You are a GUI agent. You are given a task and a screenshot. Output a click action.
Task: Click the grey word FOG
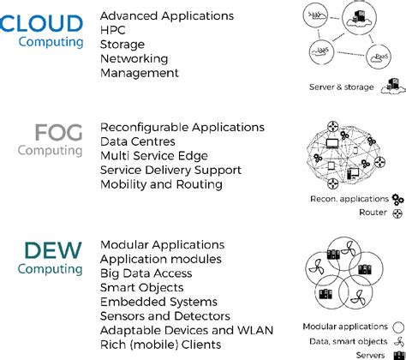pos(59,133)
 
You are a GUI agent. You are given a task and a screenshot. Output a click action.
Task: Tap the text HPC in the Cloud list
pos(114,30)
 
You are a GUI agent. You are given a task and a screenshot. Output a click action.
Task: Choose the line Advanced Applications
pos(166,15)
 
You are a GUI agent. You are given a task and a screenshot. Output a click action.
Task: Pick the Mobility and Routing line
pos(161,183)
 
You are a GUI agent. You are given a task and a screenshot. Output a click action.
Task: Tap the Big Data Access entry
pos(146,273)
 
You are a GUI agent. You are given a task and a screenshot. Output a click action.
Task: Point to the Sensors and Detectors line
pos(164,315)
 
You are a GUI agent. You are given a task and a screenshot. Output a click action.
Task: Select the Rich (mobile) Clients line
pos(160,344)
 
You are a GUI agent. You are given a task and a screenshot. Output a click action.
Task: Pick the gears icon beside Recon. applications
pos(397,199)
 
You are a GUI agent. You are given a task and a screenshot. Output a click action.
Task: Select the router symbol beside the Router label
pos(397,213)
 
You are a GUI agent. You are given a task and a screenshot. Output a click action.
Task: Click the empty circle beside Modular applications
pos(397,326)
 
